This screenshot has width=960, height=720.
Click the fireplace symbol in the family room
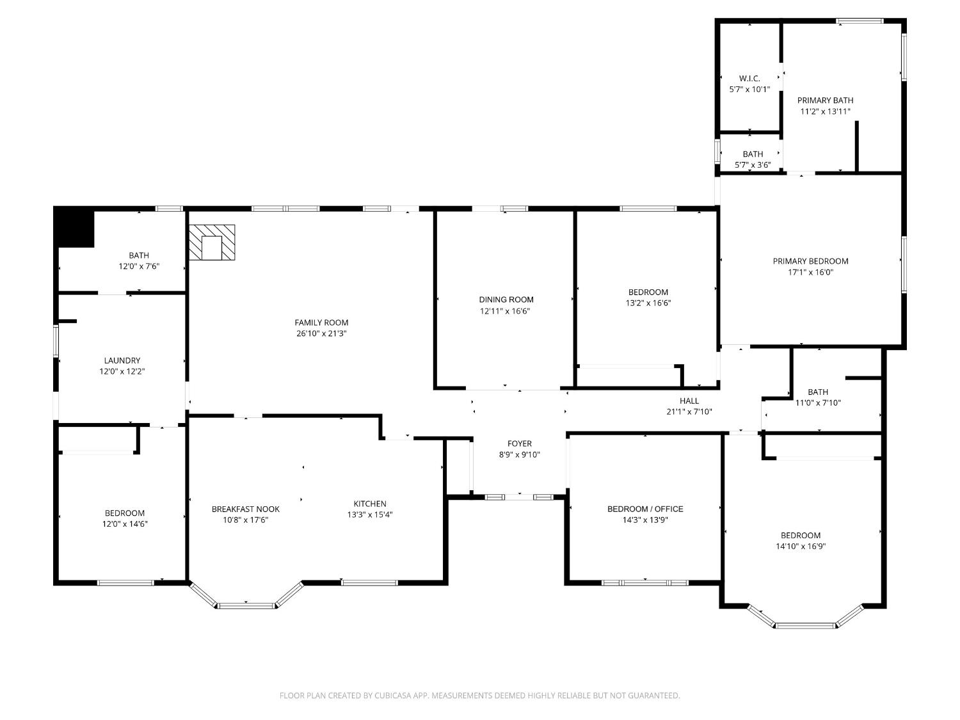[x=212, y=243]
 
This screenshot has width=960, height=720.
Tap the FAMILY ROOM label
[x=321, y=323]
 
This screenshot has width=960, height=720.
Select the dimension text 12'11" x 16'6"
[x=506, y=311]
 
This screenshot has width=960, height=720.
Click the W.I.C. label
[x=749, y=79]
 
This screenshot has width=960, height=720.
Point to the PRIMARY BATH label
[x=825, y=100]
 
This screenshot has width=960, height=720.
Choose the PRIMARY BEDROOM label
[x=810, y=261]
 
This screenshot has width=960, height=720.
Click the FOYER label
[x=519, y=444]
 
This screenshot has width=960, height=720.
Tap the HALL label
[x=689, y=401]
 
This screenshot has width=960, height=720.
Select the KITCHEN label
[x=370, y=504]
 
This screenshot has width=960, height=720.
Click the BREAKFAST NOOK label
[x=246, y=509]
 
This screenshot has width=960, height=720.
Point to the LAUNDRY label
[x=122, y=360]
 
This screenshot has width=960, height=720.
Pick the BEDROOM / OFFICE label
[x=645, y=509]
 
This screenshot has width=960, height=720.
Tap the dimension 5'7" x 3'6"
[x=753, y=165]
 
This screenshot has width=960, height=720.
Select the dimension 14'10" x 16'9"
[x=800, y=547]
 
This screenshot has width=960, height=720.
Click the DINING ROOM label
[x=506, y=300]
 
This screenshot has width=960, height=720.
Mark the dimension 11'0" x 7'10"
[x=818, y=403]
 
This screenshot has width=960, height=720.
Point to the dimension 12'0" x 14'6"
[x=125, y=524]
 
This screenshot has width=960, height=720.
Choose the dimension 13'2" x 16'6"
[x=648, y=303]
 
